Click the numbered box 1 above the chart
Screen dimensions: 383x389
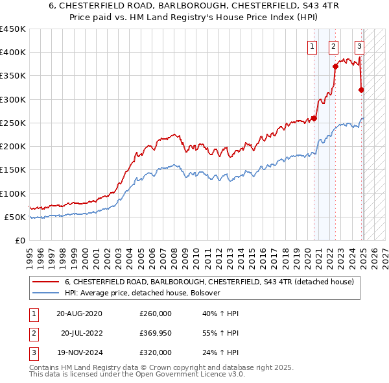[312, 46]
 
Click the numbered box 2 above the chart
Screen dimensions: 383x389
[333, 46]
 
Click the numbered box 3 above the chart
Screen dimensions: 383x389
[359, 46]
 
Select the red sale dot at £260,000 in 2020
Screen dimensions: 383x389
[314, 118]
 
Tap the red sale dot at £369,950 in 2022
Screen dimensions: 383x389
[335, 66]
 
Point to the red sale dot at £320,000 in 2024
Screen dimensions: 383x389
[361, 90]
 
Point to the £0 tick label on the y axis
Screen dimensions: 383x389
[21, 241]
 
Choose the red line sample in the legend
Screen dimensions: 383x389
[45, 282]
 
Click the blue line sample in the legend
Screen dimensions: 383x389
[45, 293]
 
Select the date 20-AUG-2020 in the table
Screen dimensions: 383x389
[79, 313]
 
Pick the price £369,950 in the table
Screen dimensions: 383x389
[156, 333]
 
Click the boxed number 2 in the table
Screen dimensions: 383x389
[32, 333]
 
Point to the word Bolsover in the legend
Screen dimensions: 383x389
[205, 293]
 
